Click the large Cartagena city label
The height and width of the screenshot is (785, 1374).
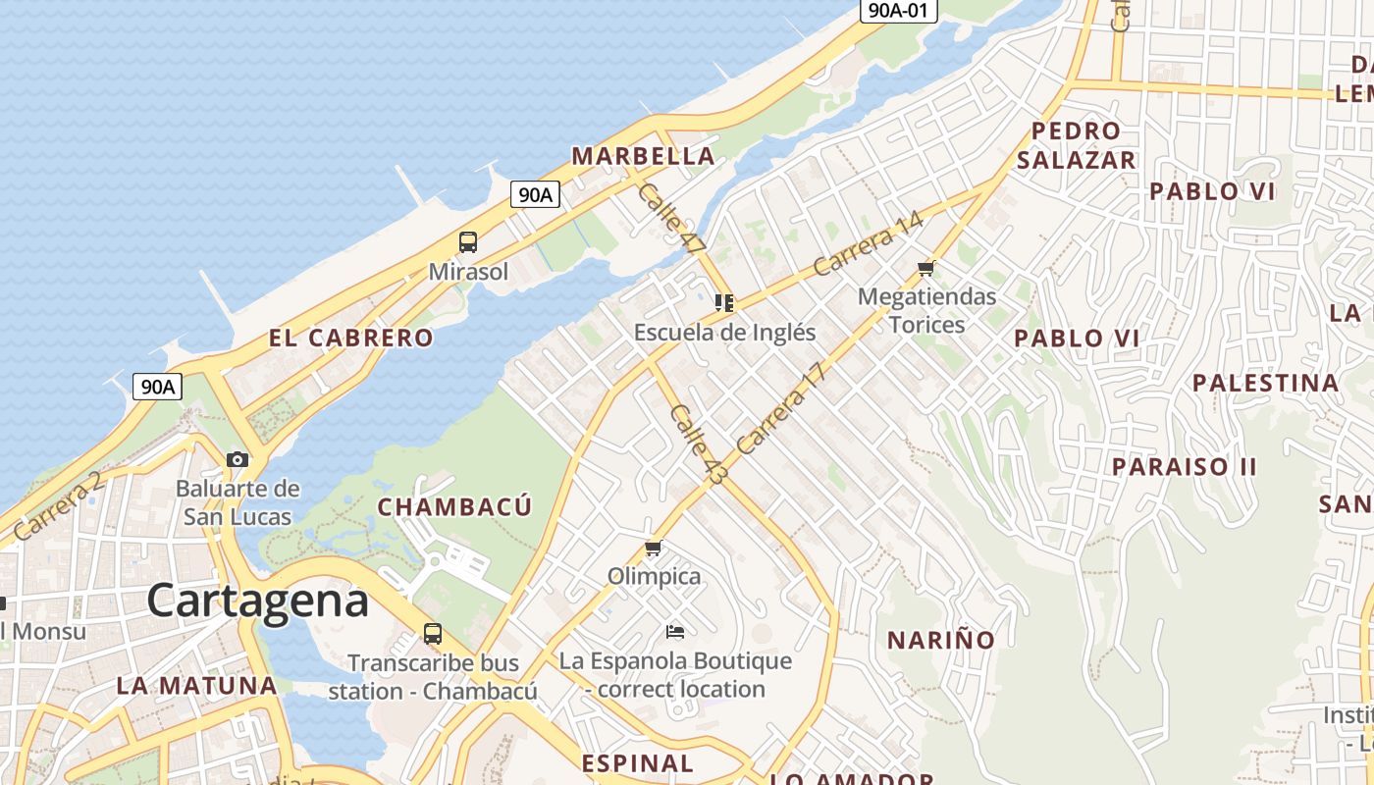pyautogui.click(x=258, y=601)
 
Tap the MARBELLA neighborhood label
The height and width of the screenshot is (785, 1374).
pyautogui.click(x=643, y=156)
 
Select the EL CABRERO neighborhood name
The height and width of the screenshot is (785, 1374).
pyautogui.click(x=350, y=339)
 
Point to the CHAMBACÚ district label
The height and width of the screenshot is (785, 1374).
pyautogui.click(x=454, y=507)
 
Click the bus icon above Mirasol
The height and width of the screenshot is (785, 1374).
pyautogui.click(x=468, y=242)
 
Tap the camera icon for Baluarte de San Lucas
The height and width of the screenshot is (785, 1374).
pyautogui.click(x=237, y=459)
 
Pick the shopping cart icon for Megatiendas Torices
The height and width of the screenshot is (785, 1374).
pyautogui.click(x=925, y=268)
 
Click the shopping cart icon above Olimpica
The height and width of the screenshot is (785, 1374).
pyautogui.click(x=654, y=548)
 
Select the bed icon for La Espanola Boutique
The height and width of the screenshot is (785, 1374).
pyautogui.click(x=674, y=631)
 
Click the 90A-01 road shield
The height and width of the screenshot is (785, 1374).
pyautogui.click(x=898, y=12)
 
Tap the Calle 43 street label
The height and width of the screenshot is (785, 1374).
pyautogui.click(x=699, y=445)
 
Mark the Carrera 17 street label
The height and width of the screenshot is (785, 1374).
pyautogui.click(x=781, y=408)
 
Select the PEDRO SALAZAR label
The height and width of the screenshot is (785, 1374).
pyautogui.click(x=1076, y=145)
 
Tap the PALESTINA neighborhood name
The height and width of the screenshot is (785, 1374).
pyautogui.click(x=1265, y=383)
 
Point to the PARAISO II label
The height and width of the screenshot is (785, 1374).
pyautogui.click(x=1184, y=466)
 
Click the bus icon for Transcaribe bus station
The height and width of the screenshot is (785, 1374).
pyautogui.click(x=433, y=634)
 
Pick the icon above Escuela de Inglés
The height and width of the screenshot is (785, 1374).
pyautogui.click(x=724, y=303)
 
